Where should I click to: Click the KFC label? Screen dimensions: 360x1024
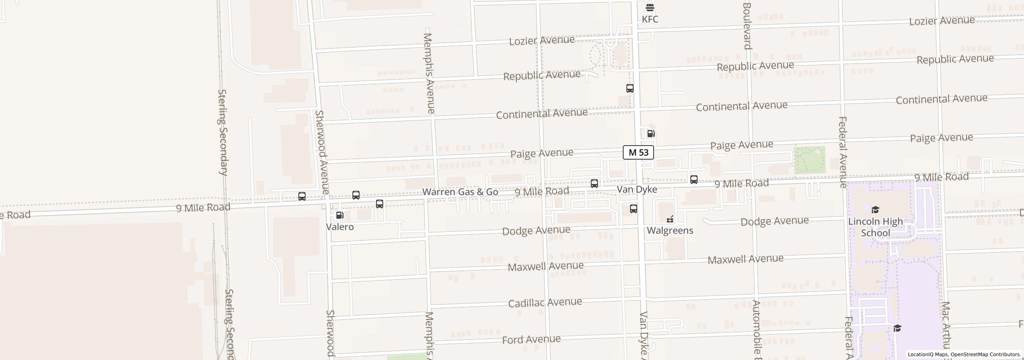(x=650, y=19)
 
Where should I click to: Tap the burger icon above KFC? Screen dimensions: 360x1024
(x=650, y=7)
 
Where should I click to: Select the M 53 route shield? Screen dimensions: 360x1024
(x=638, y=152)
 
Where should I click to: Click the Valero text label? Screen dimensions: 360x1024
(x=340, y=227)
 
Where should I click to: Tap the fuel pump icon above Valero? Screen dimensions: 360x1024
(x=340, y=216)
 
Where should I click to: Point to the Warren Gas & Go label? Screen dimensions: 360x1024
(x=460, y=192)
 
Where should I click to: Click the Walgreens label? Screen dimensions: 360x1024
(x=670, y=230)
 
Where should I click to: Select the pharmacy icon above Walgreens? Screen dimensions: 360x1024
(x=670, y=219)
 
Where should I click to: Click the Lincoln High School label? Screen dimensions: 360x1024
(x=875, y=227)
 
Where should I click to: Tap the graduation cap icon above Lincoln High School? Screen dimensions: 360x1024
(x=875, y=210)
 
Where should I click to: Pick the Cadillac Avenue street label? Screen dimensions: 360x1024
(x=545, y=302)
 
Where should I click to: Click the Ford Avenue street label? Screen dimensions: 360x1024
(x=531, y=340)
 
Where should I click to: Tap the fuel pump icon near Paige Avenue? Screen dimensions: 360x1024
(x=651, y=134)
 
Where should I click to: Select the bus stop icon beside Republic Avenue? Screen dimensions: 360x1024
(x=630, y=88)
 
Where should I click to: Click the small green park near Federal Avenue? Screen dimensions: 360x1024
(x=809, y=160)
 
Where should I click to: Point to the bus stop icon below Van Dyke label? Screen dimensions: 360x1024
(x=634, y=209)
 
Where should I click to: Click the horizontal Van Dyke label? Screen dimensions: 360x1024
(x=637, y=189)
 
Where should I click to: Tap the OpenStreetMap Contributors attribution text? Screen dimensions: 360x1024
(x=986, y=354)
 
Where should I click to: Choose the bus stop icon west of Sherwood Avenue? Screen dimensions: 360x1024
(x=302, y=196)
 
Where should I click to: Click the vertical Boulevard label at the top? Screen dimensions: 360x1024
(x=747, y=26)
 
